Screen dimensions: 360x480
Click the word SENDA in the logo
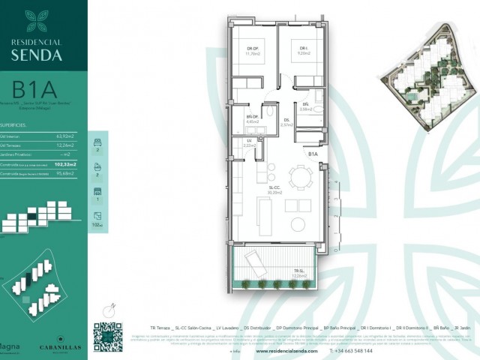(43, 54)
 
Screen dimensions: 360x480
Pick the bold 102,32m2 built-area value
(67, 162)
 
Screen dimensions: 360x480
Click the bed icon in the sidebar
(96, 142)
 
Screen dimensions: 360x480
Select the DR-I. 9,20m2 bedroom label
(304, 52)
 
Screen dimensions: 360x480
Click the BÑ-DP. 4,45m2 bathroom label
(253, 118)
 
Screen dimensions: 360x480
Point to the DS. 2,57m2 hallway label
(287, 122)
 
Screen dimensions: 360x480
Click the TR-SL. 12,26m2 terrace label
(299, 274)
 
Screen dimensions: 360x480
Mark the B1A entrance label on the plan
(314, 154)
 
